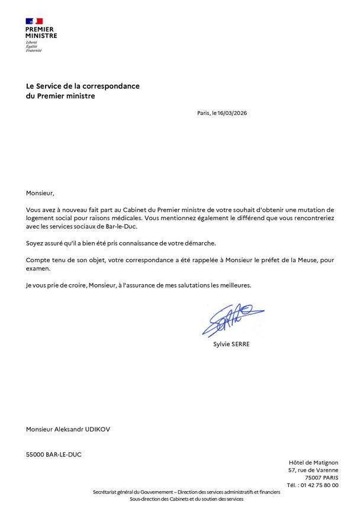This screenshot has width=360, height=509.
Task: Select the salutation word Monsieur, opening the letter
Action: point(40,193)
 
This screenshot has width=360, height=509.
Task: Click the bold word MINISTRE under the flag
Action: point(41,36)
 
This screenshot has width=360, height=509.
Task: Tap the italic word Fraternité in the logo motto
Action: point(34,51)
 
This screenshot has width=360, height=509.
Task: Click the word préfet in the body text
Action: point(263,260)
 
